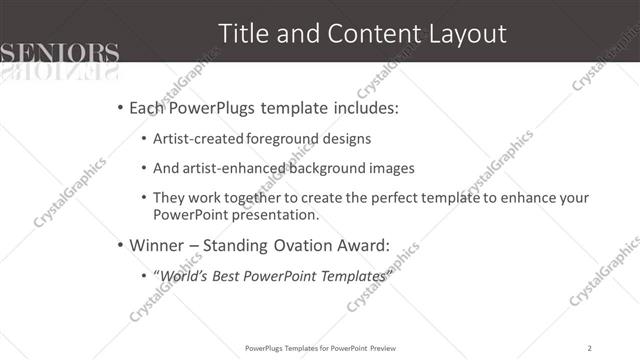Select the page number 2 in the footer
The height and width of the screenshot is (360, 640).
591,348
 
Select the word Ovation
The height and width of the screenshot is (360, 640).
282,244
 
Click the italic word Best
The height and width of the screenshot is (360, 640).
231,274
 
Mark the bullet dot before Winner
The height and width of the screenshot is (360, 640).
121,245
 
